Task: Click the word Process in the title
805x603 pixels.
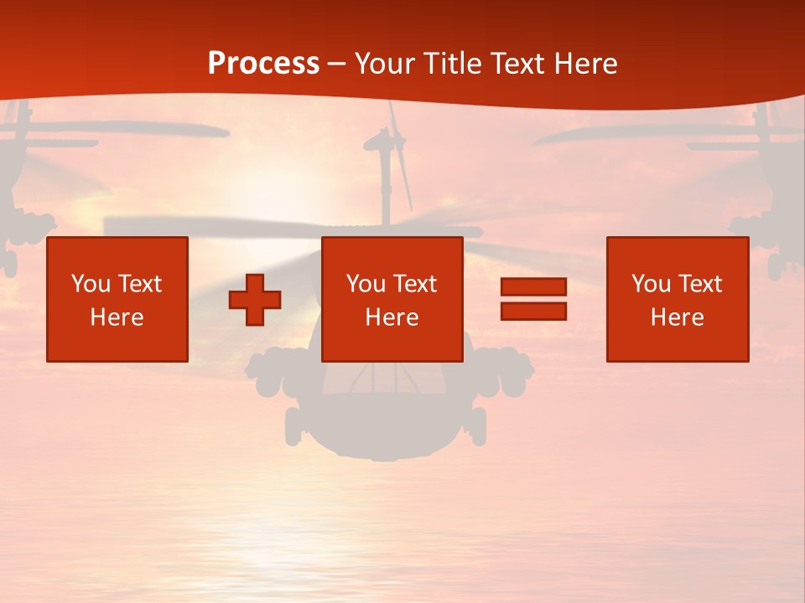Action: (x=263, y=64)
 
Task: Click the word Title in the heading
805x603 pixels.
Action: (x=455, y=64)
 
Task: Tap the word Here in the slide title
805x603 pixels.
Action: (x=582, y=64)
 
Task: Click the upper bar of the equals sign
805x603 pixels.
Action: (x=533, y=286)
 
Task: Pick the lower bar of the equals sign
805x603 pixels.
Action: (x=533, y=311)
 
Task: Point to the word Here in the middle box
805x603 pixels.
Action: (x=392, y=317)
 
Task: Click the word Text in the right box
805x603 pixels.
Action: (x=700, y=284)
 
